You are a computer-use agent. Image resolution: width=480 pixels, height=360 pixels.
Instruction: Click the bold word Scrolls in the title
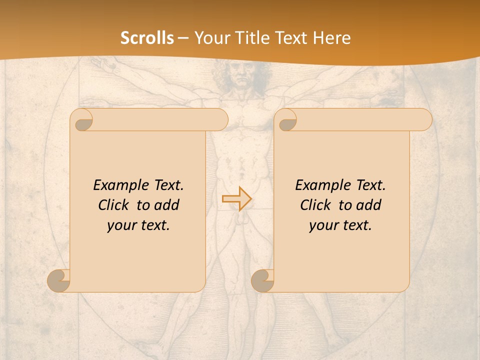147,38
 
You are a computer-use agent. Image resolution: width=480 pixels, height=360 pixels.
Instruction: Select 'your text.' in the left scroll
138,225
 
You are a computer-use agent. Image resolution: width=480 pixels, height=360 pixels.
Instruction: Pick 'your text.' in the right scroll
340,225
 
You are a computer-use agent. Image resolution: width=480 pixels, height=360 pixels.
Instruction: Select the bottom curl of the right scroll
263,280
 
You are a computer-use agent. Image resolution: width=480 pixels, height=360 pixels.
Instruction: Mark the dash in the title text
183,38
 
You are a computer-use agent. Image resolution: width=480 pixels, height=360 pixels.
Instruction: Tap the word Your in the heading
212,38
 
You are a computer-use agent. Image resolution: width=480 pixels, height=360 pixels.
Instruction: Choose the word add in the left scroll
166,205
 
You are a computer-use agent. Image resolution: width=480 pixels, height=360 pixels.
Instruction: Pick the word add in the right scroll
369,205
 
